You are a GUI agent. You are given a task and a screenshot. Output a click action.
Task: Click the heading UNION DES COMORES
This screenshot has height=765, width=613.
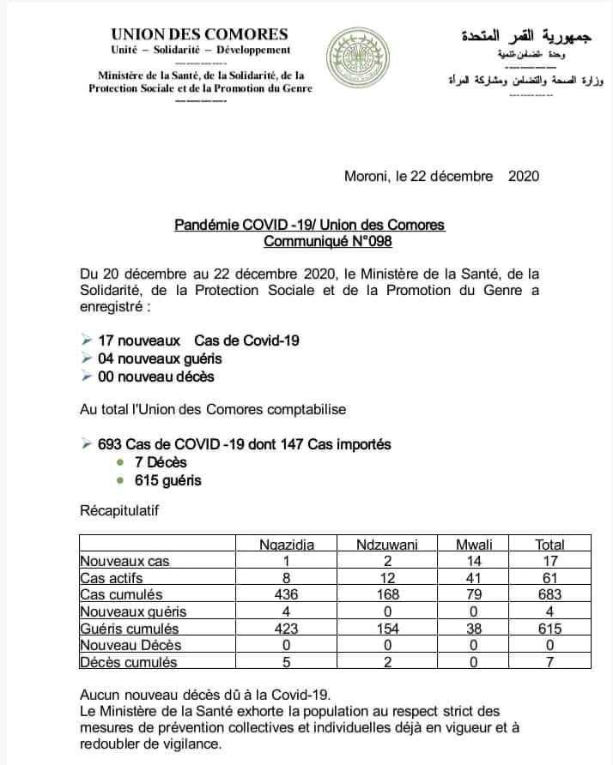(x=199, y=34)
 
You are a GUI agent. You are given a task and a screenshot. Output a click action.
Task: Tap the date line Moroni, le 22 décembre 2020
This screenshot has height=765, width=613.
(x=440, y=177)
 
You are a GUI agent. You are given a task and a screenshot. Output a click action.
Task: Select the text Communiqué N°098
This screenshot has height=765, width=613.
(x=327, y=242)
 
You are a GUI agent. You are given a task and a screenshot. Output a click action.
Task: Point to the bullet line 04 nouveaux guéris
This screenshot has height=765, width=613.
(x=146, y=358)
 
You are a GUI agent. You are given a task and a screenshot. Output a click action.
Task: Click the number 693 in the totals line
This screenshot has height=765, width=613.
(x=110, y=444)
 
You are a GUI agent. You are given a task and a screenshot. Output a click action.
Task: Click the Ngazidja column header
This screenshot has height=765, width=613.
(x=287, y=544)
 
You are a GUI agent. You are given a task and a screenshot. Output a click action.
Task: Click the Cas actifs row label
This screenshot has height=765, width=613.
(x=112, y=578)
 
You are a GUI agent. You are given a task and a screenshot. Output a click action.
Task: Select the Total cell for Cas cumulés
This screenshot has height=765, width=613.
(x=549, y=594)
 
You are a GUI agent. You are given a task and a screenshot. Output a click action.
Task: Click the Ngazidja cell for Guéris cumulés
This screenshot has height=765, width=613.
(x=286, y=628)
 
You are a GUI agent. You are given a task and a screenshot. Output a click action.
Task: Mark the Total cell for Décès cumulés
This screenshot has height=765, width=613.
(x=549, y=661)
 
